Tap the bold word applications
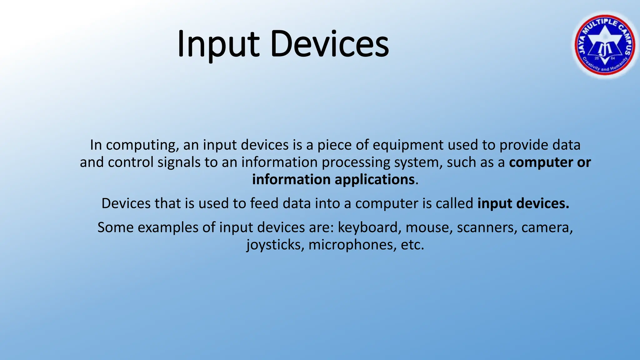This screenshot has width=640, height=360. [374, 180]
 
